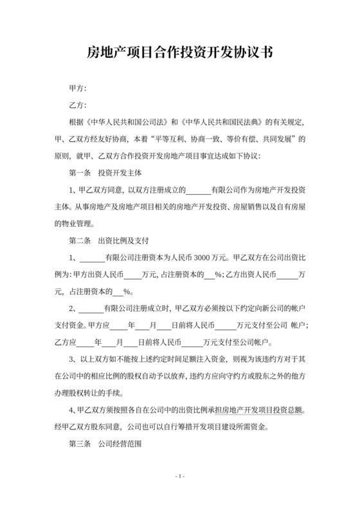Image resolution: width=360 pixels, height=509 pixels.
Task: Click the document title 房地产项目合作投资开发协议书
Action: coord(179,53)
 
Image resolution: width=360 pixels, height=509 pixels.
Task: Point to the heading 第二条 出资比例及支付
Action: coord(109,242)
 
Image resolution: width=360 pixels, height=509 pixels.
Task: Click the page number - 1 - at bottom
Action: coord(180,476)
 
